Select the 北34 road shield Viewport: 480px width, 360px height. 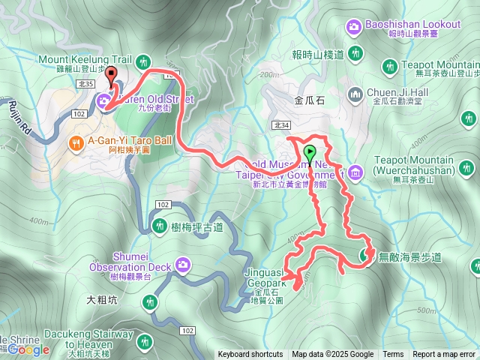tap(281, 125)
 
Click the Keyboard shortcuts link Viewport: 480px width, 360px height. tap(250, 355)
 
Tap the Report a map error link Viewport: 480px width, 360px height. tap(444, 355)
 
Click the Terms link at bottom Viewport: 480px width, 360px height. tap(393, 355)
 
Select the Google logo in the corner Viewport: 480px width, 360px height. tap(28, 349)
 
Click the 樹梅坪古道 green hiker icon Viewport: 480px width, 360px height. tap(159, 225)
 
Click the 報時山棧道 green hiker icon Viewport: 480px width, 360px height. tap(356, 54)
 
